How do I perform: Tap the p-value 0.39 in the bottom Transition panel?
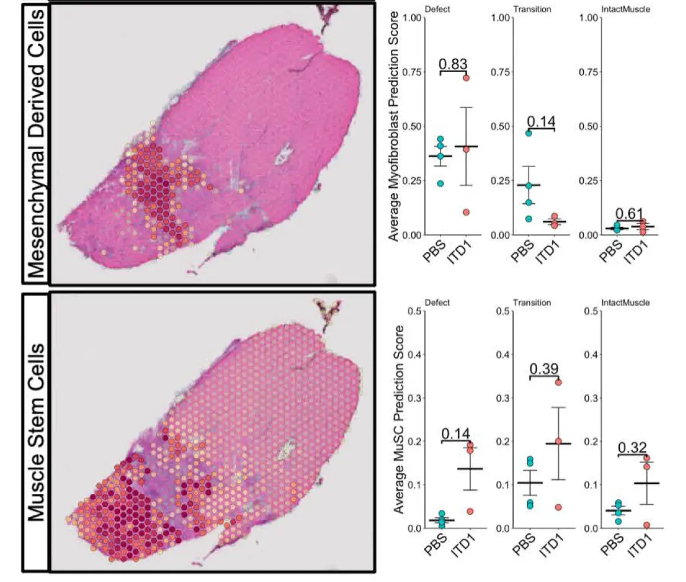(x=543, y=369)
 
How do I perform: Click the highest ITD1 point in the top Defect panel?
(x=466, y=78)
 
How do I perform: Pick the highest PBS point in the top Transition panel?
(x=529, y=133)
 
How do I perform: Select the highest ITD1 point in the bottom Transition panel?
(x=558, y=382)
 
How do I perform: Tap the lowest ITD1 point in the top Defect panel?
(x=466, y=212)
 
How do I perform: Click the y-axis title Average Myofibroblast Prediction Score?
(x=394, y=126)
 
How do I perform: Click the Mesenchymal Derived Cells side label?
(x=37, y=142)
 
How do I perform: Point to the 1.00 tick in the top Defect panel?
(x=411, y=18)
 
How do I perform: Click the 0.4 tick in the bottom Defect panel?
(x=414, y=355)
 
